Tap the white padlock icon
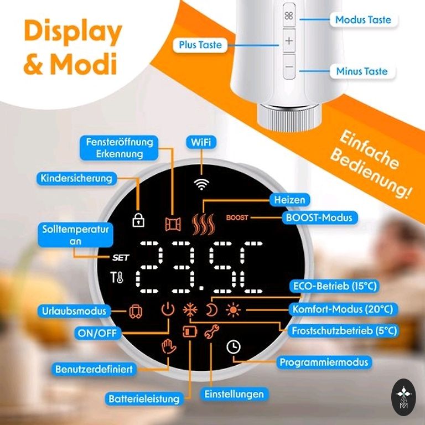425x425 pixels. click(x=138, y=220)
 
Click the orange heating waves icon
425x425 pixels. click(x=201, y=223)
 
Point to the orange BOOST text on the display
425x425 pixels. click(x=237, y=218)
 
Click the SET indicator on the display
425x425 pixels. click(x=120, y=257)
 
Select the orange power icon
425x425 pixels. click(x=168, y=310)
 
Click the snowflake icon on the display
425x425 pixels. click(x=190, y=310)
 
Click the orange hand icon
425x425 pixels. click(x=168, y=346)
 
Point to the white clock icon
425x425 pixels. click(x=234, y=346)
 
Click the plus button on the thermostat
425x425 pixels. click(x=289, y=41)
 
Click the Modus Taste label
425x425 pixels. click(x=363, y=20)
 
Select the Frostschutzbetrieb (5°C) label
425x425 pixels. click(x=345, y=331)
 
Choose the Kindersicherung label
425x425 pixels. click(x=76, y=178)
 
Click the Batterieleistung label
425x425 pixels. click(x=144, y=398)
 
